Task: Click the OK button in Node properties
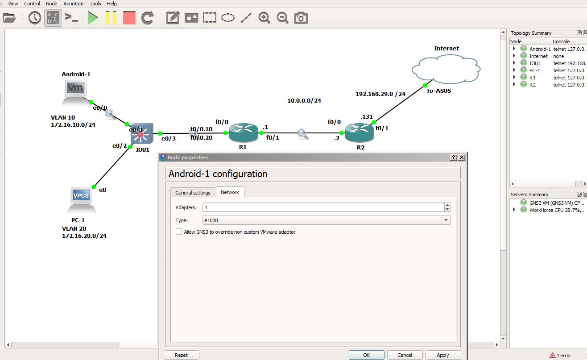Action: (x=366, y=355)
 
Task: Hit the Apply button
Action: (x=443, y=355)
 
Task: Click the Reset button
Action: (x=182, y=355)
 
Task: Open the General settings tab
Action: (x=193, y=193)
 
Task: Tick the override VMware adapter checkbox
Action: (x=179, y=232)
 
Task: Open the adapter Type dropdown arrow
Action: (x=446, y=220)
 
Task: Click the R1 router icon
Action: (x=243, y=132)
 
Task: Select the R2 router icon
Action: (x=359, y=132)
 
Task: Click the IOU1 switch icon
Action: (x=142, y=134)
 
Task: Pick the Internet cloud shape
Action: (x=446, y=69)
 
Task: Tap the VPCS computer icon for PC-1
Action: (x=82, y=200)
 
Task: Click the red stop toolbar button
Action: (x=129, y=18)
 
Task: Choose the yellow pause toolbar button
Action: (x=111, y=18)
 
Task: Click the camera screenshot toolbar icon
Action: (x=301, y=18)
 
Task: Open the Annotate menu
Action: (x=73, y=4)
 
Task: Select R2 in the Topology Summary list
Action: (x=532, y=85)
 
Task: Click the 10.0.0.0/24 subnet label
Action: (x=304, y=101)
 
